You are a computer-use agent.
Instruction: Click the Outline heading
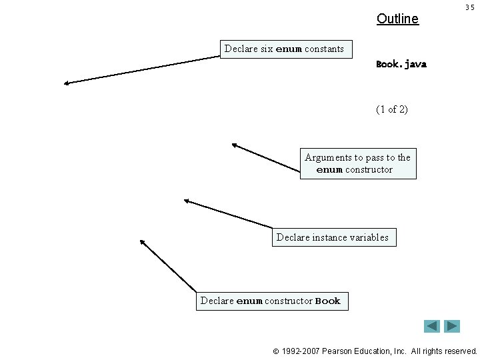(x=397, y=19)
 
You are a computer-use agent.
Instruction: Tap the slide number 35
(x=469, y=7)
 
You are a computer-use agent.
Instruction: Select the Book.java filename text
(x=401, y=65)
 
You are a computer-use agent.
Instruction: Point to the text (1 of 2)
(x=392, y=109)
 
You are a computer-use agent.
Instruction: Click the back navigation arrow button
(x=432, y=326)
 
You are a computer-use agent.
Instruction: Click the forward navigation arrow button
(x=453, y=326)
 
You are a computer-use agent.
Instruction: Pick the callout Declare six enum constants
(x=285, y=49)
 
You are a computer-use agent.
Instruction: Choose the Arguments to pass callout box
(x=358, y=163)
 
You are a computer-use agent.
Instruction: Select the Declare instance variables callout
(x=333, y=237)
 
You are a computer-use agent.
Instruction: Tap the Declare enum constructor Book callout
(x=271, y=301)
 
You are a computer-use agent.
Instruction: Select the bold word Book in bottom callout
(x=327, y=301)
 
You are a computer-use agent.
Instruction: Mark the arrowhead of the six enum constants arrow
(x=65, y=83)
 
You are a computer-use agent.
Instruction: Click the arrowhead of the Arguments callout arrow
(x=233, y=144)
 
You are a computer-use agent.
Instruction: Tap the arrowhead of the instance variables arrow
(x=185, y=200)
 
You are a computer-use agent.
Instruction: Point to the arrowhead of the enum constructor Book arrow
(x=141, y=241)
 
